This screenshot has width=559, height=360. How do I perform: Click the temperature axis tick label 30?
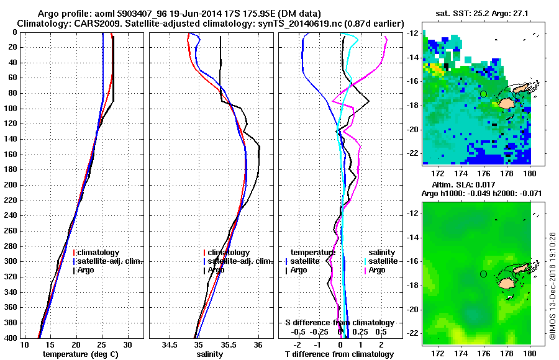click(128, 345)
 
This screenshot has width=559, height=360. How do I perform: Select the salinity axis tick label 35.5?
click(228, 345)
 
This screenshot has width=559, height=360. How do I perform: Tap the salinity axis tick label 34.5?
click(169, 345)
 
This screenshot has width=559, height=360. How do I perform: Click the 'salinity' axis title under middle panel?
click(211, 354)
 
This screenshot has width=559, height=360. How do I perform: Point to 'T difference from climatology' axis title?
click(340, 354)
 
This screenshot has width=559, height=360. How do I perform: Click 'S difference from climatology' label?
click(340, 323)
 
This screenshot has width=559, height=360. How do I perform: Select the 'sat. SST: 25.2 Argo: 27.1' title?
click(476, 13)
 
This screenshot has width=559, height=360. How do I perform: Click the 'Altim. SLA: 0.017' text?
click(459, 185)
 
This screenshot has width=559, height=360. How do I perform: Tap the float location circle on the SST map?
click(483, 94)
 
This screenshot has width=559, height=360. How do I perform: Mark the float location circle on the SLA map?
click(483, 274)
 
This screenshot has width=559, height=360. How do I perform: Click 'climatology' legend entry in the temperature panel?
click(99, 253)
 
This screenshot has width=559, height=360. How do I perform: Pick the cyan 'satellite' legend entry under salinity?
click(383, 261)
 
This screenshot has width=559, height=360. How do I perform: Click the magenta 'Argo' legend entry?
click(378, 270)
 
